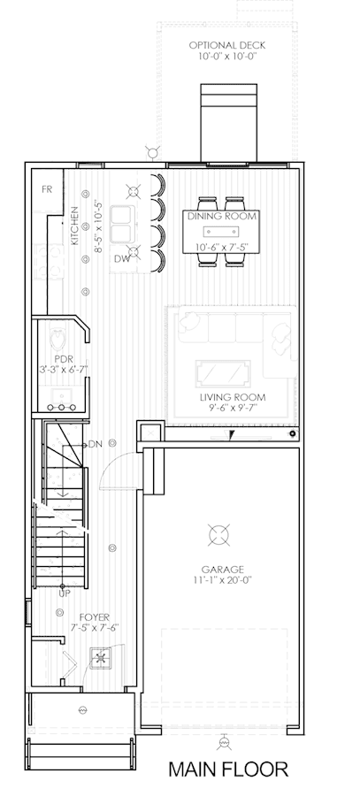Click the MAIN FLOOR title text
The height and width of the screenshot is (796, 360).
pyautogui.click(x=228, y=769)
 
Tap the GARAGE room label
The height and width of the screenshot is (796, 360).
pyautogui.click(x=222, y=570)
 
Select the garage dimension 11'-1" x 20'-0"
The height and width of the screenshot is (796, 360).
pyautogui.click(x=222, y=579)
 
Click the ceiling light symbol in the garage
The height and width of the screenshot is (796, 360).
pyautogui.click(x=218, y=534)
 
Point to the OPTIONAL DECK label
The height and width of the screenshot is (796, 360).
pyautogui.click(x=227, y=45)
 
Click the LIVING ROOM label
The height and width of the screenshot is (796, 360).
pyautogui.click(x=233, y=397)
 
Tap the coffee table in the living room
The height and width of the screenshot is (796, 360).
pyautogui.click(x=223, y=373)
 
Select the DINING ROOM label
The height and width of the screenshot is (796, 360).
pyautogui.click(x=222, y=217)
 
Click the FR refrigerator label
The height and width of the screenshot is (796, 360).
pyautogui.click(x=47, y=189)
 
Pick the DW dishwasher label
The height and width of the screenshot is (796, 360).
pyautogui.click(x=122, y=259)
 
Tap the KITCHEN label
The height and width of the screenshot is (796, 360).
pyautogui.click(x=75, y=226)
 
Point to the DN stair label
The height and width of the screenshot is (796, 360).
pyautogui.click(x=96, y=444)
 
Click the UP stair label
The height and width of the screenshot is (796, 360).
pyautogui.click(x=65, y=593)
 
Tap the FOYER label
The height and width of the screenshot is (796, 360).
pyautogui.click(x=94, y=617)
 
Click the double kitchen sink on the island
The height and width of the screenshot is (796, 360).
pyautogui.click(x=122, y=224)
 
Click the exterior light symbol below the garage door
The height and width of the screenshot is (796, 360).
pyautogui.click(x=223, y=743)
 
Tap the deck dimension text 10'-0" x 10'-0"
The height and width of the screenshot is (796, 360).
pyautogui.click(x=227, y=56)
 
